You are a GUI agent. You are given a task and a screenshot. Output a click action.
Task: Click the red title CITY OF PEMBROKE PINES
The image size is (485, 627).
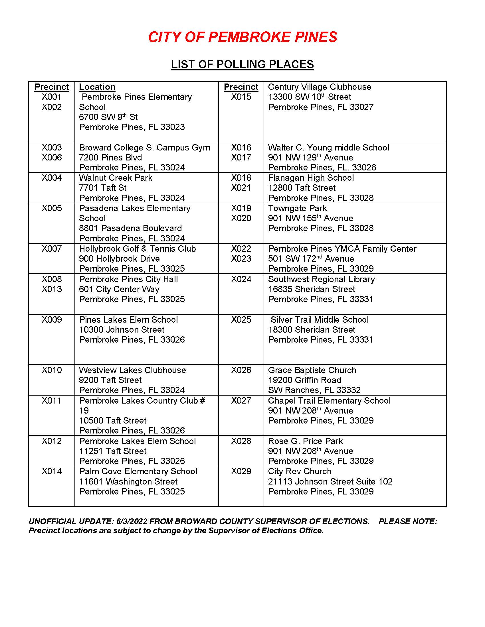242,37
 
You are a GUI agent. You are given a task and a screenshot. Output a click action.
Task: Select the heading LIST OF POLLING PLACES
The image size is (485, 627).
242,64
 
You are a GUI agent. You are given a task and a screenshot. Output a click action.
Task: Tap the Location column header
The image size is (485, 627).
97,87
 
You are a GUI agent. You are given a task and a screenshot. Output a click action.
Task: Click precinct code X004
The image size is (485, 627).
52,178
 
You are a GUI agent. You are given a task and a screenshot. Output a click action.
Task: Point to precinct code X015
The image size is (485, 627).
241,97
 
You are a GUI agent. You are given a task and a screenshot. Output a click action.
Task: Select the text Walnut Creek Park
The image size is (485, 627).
116,178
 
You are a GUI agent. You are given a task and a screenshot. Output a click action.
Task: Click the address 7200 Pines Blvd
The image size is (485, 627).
110,158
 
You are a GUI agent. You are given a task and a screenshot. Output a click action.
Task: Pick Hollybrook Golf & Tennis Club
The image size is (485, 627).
137,249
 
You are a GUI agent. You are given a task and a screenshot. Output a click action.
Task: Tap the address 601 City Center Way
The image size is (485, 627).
119,289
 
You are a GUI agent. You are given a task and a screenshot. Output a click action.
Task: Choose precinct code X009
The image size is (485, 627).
52,319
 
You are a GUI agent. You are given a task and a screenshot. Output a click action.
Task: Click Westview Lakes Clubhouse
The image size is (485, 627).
132,370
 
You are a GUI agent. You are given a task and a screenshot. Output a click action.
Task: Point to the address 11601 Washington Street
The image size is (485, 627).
128,481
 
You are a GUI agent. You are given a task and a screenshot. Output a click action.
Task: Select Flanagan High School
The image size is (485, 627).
311,178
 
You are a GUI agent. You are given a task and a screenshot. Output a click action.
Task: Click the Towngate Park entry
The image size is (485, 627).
297,208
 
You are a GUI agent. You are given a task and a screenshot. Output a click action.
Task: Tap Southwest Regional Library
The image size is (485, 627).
321,279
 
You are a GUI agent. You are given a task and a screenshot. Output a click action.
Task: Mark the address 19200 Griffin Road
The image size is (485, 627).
305,380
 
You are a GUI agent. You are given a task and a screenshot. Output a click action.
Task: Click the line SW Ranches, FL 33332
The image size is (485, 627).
314,390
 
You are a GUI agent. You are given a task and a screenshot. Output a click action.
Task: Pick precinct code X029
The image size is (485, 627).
241,471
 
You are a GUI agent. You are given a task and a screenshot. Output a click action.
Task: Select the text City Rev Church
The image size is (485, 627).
300,471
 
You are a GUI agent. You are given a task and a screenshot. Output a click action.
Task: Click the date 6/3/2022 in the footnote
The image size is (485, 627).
132,521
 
